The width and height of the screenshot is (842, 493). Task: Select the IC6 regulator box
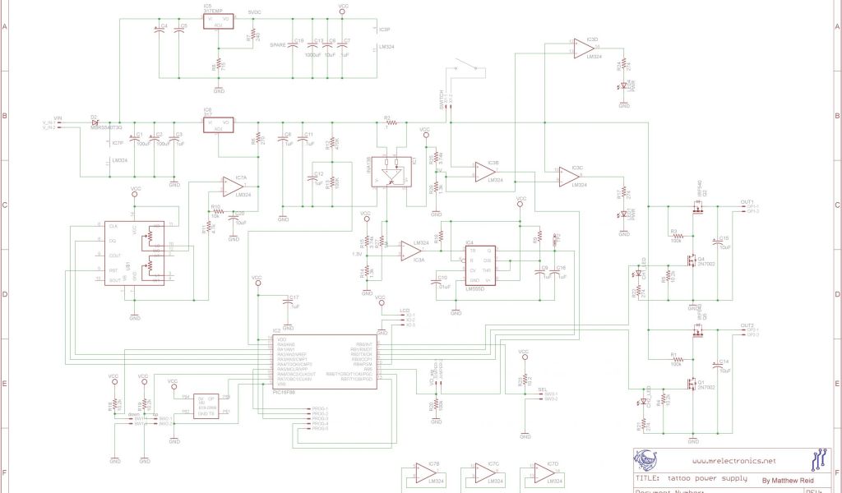click(218, 124)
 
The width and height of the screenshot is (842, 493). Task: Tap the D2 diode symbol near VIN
click(95, 124)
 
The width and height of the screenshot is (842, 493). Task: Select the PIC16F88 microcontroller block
click(326, 362)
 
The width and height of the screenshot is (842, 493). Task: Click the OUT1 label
click(747, 201)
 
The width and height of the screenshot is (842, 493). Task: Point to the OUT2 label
click(747, 325)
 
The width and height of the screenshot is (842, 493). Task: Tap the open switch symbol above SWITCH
click(469, 67)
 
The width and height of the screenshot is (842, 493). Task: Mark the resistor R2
click(391, 122)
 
